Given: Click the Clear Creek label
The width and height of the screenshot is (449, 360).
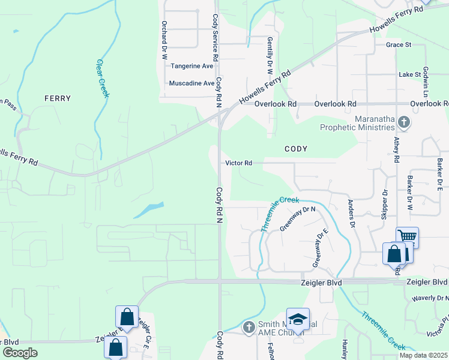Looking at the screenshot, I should [103, 78].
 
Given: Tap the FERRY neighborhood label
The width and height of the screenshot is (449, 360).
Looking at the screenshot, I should [58, 98].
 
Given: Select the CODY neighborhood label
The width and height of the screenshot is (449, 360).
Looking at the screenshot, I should [296, 148].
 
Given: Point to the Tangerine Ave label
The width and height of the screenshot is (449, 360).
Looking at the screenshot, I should [192, 66].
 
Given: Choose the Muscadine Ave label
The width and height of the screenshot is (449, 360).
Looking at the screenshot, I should [191, 83].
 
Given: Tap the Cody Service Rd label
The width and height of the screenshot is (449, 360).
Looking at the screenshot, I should [214, 29].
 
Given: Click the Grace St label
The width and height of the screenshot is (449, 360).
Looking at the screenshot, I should [399, 45].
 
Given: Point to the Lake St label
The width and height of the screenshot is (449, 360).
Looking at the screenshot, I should [411, 74].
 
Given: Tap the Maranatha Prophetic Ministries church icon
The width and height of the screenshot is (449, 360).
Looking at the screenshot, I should [404, 123].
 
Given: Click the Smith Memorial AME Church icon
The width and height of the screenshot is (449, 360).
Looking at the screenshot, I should [250, 328].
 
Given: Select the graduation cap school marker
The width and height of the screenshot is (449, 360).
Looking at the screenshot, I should [298, 319].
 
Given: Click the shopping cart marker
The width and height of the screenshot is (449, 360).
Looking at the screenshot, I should [407, 236].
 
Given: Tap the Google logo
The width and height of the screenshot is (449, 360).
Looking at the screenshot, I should [20, 352].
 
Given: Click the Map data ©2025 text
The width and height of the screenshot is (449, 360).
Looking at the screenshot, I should [424, 355].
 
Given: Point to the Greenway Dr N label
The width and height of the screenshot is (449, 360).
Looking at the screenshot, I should [297, 218].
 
